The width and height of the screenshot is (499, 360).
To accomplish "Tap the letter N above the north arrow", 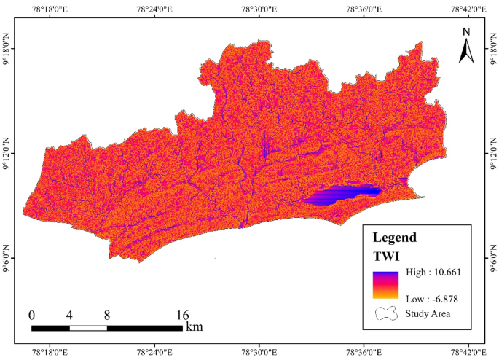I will [x=467, y=31].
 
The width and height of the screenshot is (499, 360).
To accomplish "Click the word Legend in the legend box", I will [x=394, y=237].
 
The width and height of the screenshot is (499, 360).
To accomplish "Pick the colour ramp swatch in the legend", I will [x=386, y=285].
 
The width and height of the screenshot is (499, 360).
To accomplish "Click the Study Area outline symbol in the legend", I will [x=386, y=314].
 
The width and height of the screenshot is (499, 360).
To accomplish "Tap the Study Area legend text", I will [x=430, y=314].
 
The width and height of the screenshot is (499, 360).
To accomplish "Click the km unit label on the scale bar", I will [x=194, y=327].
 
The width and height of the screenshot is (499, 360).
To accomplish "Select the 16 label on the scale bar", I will [x=181, y=315].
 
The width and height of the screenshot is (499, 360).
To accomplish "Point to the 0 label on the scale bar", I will [x=32, y=315].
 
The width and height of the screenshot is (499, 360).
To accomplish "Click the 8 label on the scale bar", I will [x=107, y=315].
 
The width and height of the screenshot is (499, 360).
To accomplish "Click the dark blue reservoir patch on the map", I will [x=342, y=194].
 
